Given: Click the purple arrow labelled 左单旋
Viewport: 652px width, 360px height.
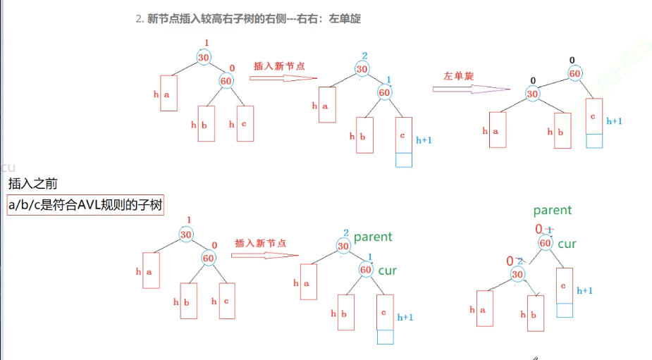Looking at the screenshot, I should tap(470, 89).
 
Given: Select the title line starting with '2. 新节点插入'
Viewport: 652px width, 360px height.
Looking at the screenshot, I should tap(247, 19).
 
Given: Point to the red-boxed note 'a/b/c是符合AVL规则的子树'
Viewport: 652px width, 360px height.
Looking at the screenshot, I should tap(85, 205).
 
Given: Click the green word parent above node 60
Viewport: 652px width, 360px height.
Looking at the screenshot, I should tap(552, 210).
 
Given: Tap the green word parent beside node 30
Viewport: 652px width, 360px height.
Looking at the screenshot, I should tap(372, 237).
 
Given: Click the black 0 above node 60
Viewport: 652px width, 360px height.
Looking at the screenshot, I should tap(573, 61).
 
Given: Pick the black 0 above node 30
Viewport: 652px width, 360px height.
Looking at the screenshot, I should tap(533, 80).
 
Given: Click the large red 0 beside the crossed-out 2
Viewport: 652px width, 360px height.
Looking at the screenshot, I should tap(510, 261).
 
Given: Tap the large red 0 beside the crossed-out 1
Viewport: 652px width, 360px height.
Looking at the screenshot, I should tap(539, 229).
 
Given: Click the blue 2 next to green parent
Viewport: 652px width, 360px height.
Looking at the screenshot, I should tap(345, 233).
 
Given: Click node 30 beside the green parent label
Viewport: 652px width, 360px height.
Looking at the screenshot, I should tap(343, 246).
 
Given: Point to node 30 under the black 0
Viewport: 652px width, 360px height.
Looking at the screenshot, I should tap(533, 94).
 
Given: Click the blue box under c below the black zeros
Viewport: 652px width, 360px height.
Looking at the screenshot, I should tap(594, 140).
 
